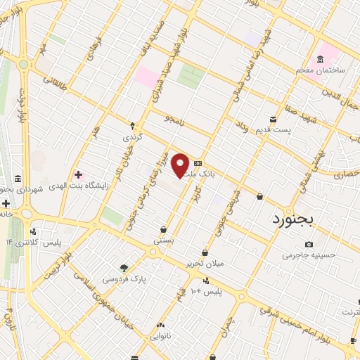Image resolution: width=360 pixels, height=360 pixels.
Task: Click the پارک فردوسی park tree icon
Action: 124,268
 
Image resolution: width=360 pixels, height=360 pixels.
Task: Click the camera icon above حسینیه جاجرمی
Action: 309,244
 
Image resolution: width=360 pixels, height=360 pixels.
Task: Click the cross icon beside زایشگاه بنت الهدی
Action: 77,174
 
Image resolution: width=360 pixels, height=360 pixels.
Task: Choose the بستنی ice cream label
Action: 163,240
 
